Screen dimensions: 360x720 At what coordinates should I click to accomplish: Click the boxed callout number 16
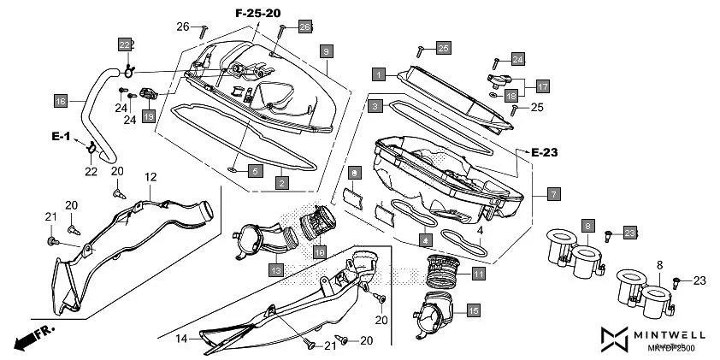(61, 101)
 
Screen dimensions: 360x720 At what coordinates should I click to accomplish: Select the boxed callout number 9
(326, 51)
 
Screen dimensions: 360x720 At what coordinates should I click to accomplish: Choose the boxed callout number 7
(553, 193)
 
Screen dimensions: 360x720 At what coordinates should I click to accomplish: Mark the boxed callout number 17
(542, 86)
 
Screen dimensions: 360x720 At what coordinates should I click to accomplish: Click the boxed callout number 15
(473, 310)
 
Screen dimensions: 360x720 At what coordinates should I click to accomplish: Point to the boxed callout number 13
(276, 270)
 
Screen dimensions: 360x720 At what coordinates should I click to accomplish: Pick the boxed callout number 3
(375, 106)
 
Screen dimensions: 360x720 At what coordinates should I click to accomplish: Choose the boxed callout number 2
(281, 181)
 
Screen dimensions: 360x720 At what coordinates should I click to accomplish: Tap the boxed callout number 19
(148, 115)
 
